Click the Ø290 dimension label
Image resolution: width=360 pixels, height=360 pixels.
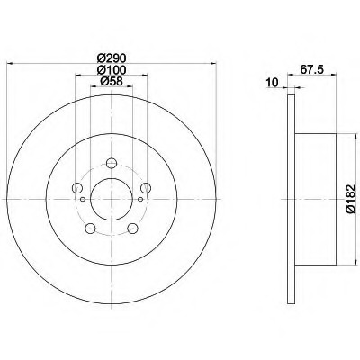click(112, 58)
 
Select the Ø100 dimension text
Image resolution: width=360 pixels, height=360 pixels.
click(112, 69)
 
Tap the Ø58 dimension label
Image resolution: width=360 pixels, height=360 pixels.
click(112, 81)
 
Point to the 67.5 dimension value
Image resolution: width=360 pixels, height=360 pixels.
click(311, 69)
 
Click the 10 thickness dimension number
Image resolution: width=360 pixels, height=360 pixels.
click(272, 82)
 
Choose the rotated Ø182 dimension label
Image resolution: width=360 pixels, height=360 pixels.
click(350, 199)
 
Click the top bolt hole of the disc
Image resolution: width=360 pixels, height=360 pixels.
click(112, 163)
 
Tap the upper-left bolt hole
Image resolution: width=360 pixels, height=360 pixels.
click(77, 188)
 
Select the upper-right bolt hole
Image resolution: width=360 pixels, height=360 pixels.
click(146, 188)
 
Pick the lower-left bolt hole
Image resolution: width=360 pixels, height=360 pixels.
click(90, 229)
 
